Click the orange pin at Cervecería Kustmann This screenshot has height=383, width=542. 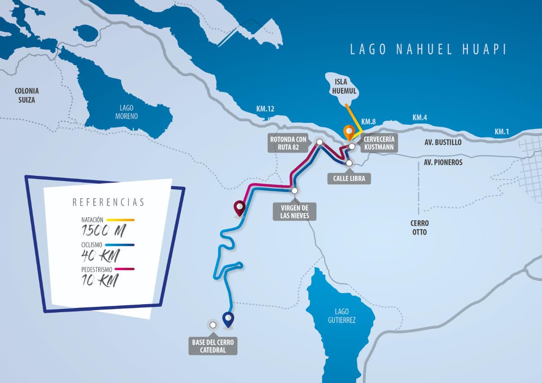[348, 132]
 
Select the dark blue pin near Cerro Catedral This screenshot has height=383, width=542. [228, 319]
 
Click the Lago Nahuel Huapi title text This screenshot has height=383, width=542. [428, 49]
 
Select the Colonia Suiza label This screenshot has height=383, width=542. [27, 95]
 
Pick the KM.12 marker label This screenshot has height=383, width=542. [265, 109]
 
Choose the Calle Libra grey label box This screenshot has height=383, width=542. [349, 179]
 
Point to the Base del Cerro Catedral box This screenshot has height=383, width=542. [213, 346]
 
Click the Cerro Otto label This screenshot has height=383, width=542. [419, 228]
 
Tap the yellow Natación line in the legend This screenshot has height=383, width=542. [120, 220]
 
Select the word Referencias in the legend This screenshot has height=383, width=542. [108, 202]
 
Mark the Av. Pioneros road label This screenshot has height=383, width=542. [443, 162]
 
